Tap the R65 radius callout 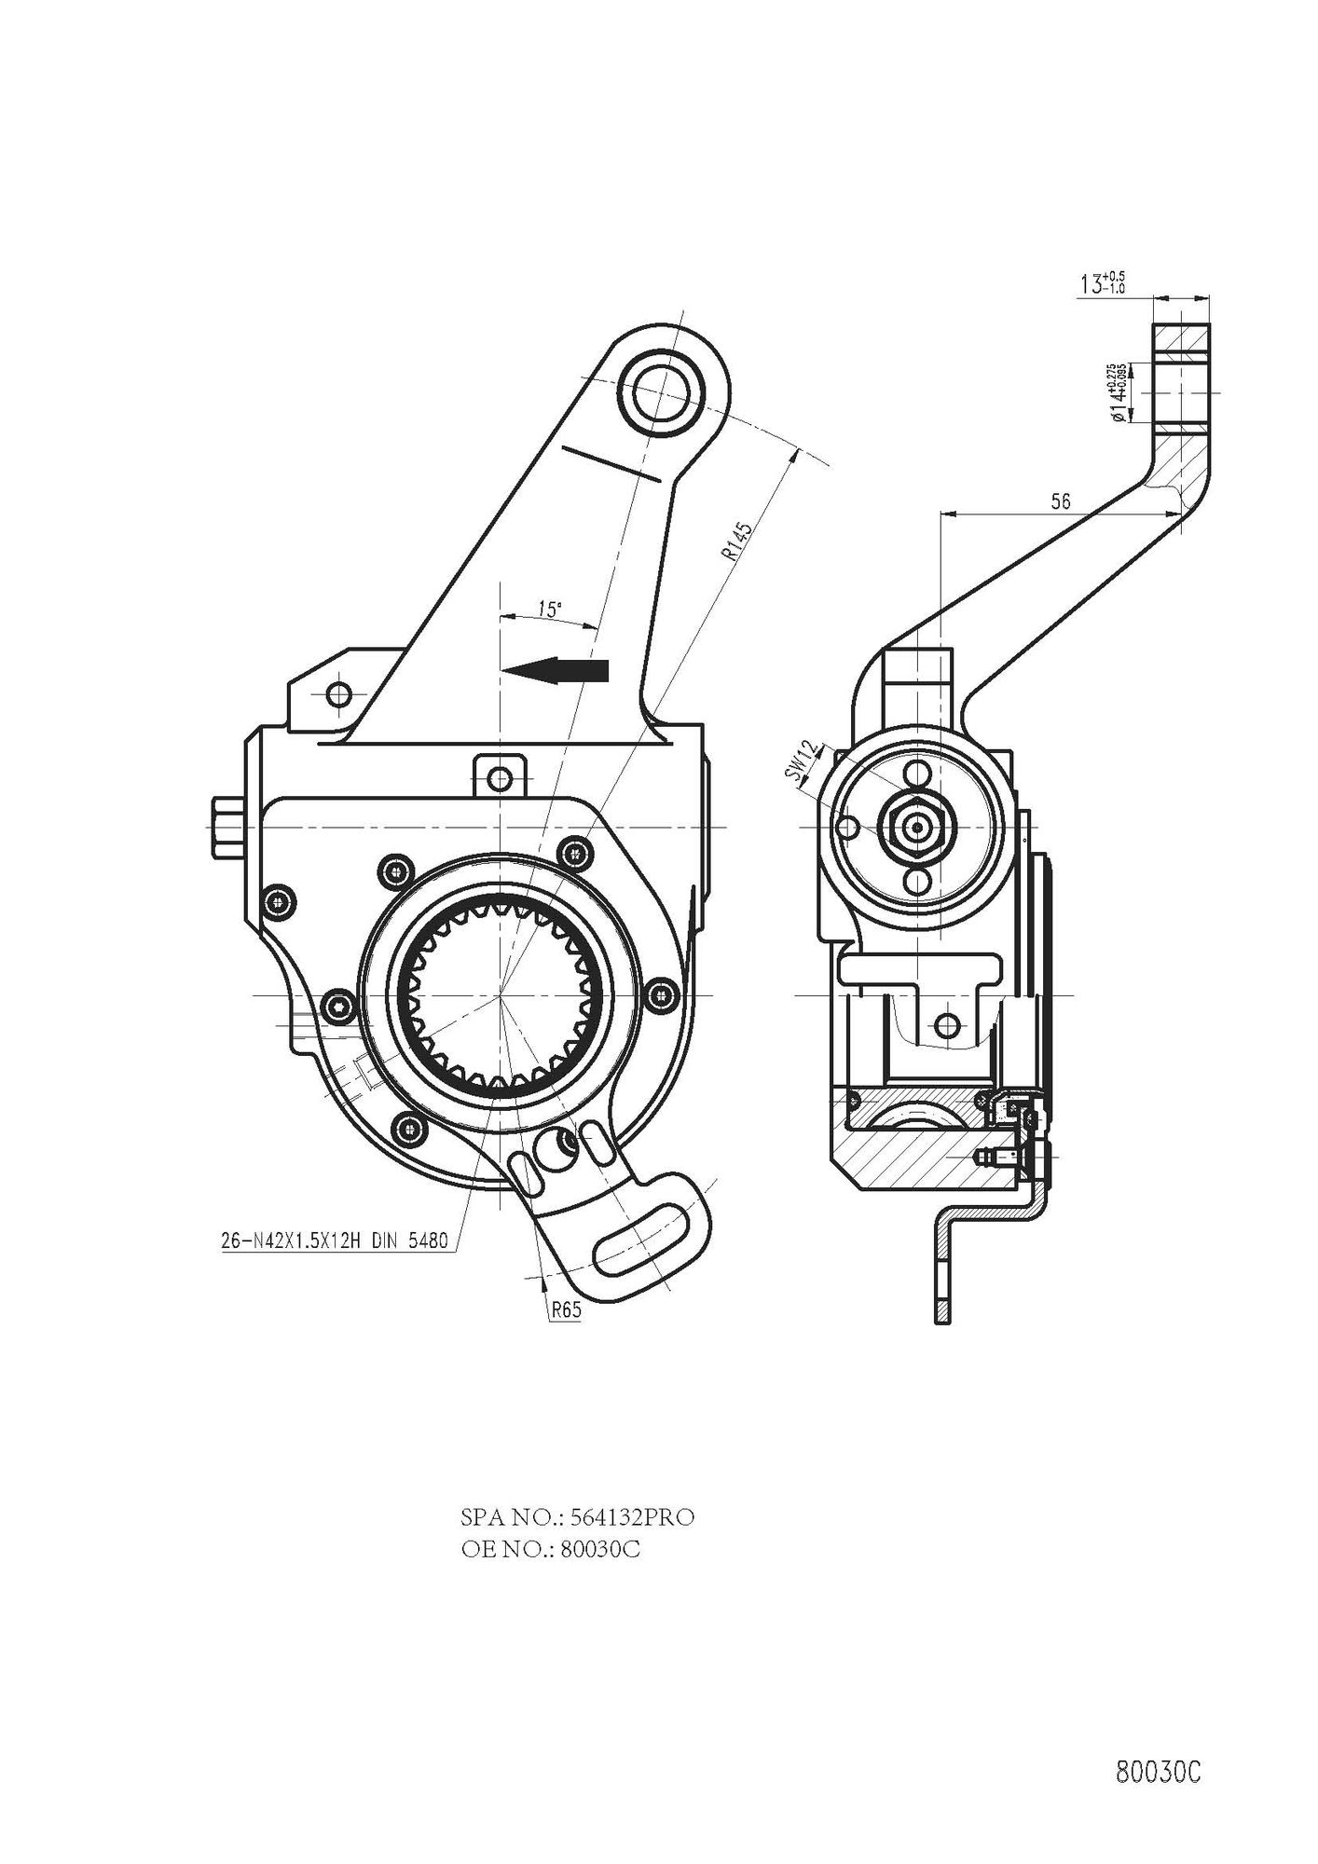click(x=566, y=1309)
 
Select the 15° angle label click(x=549, y=610)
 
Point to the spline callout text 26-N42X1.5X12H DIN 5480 click(x=332, y=1241)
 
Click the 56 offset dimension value click(x=1060, y=501)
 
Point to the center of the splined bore click(x=501, y=996)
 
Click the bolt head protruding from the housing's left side click(x=226, y=826)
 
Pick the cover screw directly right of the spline click(x=662, y=994)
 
